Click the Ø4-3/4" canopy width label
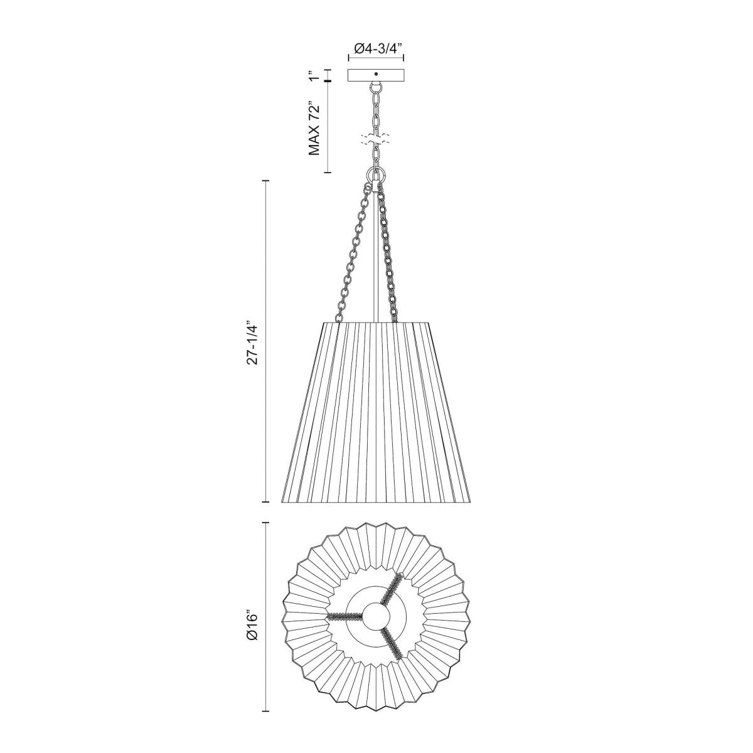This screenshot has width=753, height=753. coord(376,46)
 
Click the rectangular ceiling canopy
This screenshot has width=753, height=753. coord(361,75)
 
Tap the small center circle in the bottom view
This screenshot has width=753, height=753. coord(376,616)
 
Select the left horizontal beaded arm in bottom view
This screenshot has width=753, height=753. coord(345,616)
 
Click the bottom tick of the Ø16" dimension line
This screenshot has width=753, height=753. coord(266,711)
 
